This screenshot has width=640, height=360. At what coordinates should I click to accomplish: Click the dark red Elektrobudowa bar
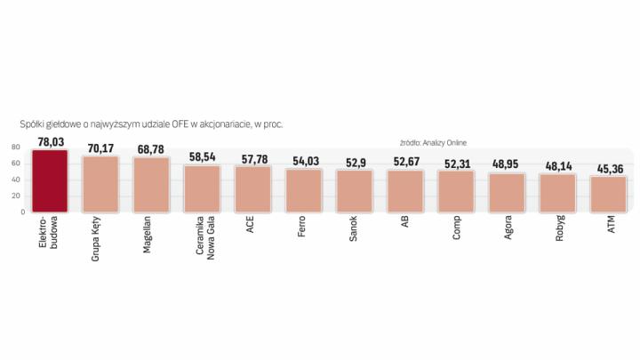[x=50, y=181]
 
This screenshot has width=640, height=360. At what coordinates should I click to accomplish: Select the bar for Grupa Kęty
[x=100, y=185]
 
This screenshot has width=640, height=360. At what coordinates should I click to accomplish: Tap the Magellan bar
[x=151, y=185]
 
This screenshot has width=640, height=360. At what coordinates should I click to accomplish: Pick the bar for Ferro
[x=304, y=191]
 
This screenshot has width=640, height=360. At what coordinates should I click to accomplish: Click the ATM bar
[x=609, y=195]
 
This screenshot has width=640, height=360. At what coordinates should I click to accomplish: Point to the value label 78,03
[x=50, y=140]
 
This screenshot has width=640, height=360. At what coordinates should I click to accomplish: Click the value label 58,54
[x=203, y=156]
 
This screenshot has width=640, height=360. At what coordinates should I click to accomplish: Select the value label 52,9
[x=355, y=162]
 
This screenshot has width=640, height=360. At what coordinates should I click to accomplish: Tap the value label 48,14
[x=558, y=165]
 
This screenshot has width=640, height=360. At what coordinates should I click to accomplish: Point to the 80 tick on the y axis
[x=16, y=148]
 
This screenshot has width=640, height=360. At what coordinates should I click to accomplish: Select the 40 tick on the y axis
[x=16, y=180]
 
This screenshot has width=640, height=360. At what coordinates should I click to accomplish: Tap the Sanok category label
[x=356, y=228]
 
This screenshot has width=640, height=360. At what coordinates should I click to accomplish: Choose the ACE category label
[x=253, y=225]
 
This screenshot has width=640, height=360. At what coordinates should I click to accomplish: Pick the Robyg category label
[x=559, y=229]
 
